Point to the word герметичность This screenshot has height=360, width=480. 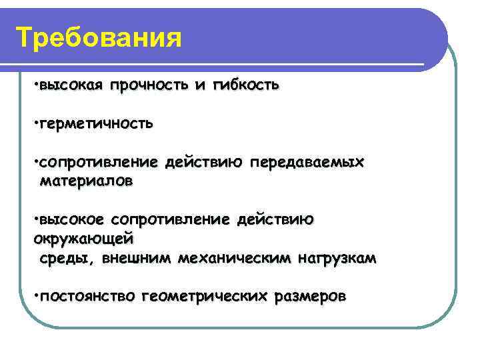coord(96,123)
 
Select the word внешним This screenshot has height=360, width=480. coord(136,257)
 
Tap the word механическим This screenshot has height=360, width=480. coord(229,257)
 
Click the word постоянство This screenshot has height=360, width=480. coord(87,295)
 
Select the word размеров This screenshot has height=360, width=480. coord(310,295)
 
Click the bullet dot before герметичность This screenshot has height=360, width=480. coord(35,124)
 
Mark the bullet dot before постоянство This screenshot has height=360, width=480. coord(35,295)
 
